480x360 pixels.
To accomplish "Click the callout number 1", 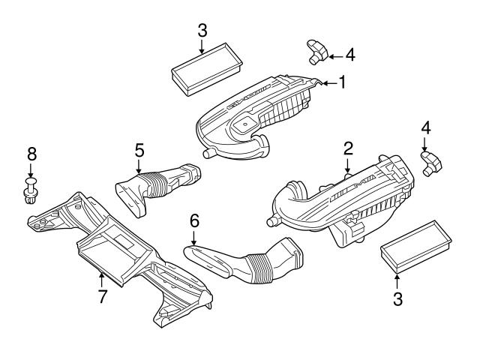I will click(x=342, y=82).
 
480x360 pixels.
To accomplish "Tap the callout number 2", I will click(x=347, y=148).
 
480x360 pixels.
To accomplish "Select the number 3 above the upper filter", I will click(x=202, y=31).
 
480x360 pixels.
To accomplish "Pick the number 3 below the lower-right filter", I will click(x=397, y=299).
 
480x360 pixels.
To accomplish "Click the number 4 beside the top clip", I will click(x=349, y=55).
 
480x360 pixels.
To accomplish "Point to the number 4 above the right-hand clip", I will click(x=425, y=128).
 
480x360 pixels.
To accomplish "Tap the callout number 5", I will click(x=139, y=150).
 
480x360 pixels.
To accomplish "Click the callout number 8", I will click(x=31, y=154).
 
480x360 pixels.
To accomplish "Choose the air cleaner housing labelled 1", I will click(x=255, y=116).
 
